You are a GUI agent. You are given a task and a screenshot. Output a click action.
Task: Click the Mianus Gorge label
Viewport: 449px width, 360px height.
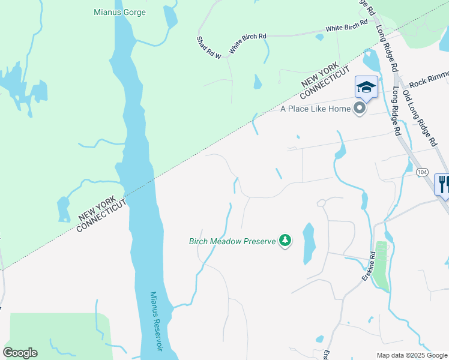click(120, 12)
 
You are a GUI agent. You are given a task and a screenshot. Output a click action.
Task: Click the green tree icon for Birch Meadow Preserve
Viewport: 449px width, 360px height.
click(285, 241)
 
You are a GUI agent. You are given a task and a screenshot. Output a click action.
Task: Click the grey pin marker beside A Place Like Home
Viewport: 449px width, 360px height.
click(360, 109)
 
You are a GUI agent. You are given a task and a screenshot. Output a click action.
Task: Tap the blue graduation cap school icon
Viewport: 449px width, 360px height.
click(366, 88)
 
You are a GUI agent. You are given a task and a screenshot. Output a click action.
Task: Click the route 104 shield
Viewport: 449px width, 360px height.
click(422, 172)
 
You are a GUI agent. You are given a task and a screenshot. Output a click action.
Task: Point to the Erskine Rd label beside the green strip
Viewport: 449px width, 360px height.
click(368, 267)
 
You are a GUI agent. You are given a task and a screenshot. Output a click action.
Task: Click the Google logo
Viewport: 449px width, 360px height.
click(20, 353)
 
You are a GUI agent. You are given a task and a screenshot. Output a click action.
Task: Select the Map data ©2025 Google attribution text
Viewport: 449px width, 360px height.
click(411, 355)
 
